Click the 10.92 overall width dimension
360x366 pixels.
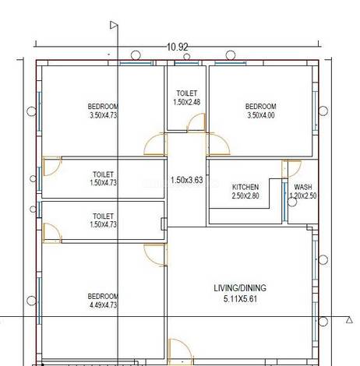tap(177, 47)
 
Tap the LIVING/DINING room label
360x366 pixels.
tap(240, 288)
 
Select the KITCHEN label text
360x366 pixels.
tap(245, 187)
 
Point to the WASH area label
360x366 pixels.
tap(303, 187)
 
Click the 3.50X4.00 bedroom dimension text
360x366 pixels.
tap(260, 115)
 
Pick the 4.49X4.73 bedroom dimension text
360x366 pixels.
tap(103, 304)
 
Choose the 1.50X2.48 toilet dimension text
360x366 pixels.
tap(187, 102)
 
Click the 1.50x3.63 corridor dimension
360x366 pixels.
tap(187, 180)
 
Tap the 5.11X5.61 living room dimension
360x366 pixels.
tap(240, 299)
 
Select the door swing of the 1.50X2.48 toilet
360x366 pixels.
tap(196, 122)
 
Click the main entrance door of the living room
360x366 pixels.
tap(181, 352)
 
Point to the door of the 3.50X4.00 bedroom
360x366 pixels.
tap(217, 144)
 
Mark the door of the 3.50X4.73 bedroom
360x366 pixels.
tap(155, 144)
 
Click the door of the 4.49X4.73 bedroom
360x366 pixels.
tap(155, 255)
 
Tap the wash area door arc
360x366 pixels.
tap(292, 169)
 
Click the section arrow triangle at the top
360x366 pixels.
tap(114, 25)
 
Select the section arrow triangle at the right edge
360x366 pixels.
tap(349, 320)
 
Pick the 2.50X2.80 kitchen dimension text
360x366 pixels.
tap(245, 195)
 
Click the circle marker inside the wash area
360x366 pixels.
tap(292, 202)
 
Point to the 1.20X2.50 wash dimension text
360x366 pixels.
tap(303, 195)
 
